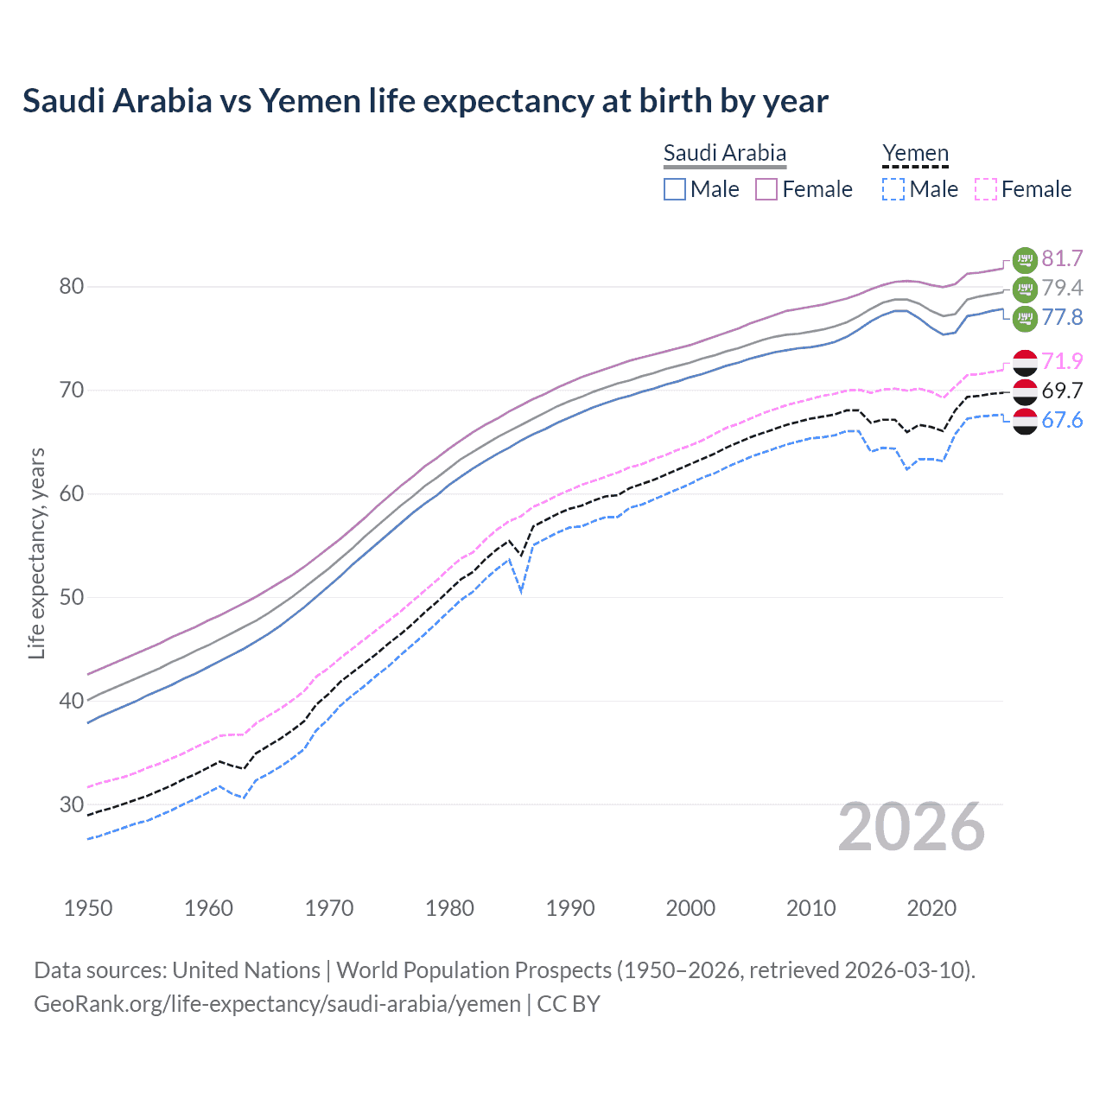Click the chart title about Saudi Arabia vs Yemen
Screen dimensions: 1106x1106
[425, 101]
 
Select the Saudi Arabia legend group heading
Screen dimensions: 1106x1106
[724, 154]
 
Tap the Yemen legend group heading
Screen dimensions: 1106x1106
[915, 154]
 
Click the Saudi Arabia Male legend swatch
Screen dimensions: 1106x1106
[675, 189]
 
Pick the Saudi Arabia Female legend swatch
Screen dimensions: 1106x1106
[766, 189]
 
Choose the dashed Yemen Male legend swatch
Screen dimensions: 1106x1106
[893, 189]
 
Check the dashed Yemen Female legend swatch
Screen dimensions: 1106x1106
[985, 189]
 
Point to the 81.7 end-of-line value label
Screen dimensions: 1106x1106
[1062, 259]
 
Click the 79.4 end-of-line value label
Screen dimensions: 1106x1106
[1062, 289]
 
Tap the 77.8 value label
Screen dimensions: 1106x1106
[1062, 318]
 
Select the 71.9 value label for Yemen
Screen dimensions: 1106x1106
[1062, 361]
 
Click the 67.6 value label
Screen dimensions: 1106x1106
[1062, 421]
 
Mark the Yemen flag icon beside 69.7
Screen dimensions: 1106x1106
[1025, 391]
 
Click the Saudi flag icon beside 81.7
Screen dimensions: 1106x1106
[1025, 259]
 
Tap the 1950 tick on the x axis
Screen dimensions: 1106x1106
[88, 908]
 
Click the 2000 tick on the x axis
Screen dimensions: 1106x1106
[690, 908]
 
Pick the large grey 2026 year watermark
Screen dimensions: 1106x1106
[911, 828]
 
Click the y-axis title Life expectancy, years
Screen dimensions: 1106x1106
[37, 553]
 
